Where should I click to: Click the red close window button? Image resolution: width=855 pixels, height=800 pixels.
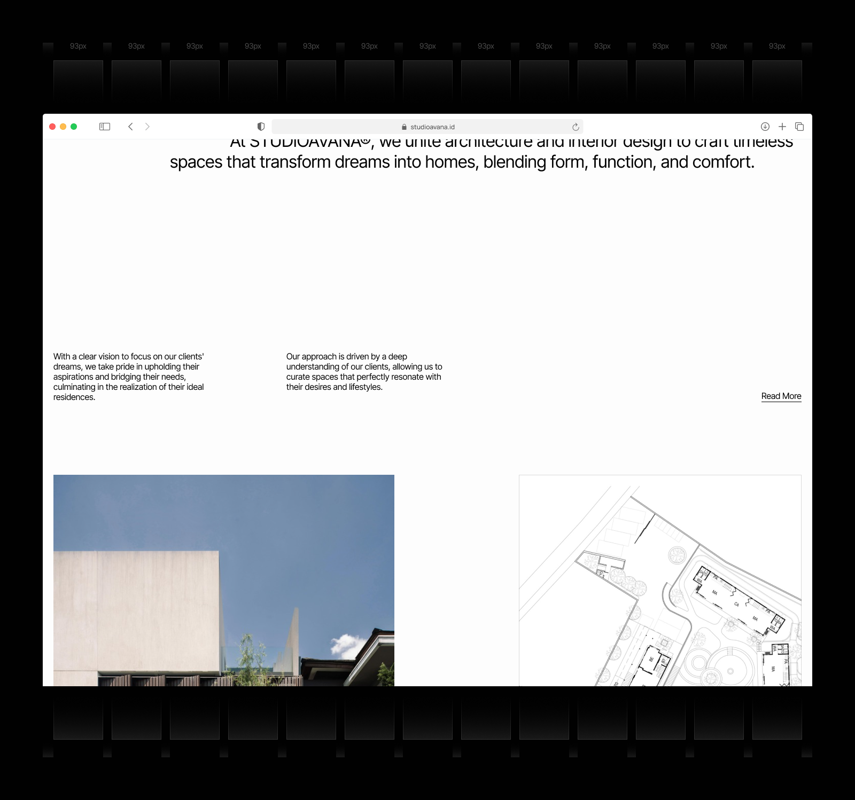[x=52, y=127]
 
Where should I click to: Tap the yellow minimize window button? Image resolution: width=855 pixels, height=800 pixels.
[x=63, y=127]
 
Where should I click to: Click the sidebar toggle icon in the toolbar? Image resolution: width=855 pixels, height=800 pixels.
[x=105, y=127]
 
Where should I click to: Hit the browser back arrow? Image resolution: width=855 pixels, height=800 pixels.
[x=130, y=127]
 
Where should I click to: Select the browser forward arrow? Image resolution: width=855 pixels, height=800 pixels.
[x=147, y=127]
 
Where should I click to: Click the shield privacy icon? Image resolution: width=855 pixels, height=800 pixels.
[x=261, y=127]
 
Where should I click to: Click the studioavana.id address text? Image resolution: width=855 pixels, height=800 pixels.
[x=432, y=127]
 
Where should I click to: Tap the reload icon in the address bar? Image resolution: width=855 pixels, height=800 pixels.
[x=576, y=127]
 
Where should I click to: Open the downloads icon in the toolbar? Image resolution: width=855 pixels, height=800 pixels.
[x=765, y=127]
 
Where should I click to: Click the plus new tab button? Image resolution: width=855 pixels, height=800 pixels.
[x=782, y=127]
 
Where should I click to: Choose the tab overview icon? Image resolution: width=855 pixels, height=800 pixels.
[x=799, y=127]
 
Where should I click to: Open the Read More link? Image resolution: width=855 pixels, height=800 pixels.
[x=781, y=396]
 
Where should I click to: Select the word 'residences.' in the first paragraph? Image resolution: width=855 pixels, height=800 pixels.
[x=74, y=397]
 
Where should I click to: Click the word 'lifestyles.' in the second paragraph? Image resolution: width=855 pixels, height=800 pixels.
[x=366, y=387]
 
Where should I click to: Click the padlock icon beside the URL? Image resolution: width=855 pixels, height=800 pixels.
[x=404, y=127]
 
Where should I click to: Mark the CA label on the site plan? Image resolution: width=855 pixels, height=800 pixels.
[x=736, y=604]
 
